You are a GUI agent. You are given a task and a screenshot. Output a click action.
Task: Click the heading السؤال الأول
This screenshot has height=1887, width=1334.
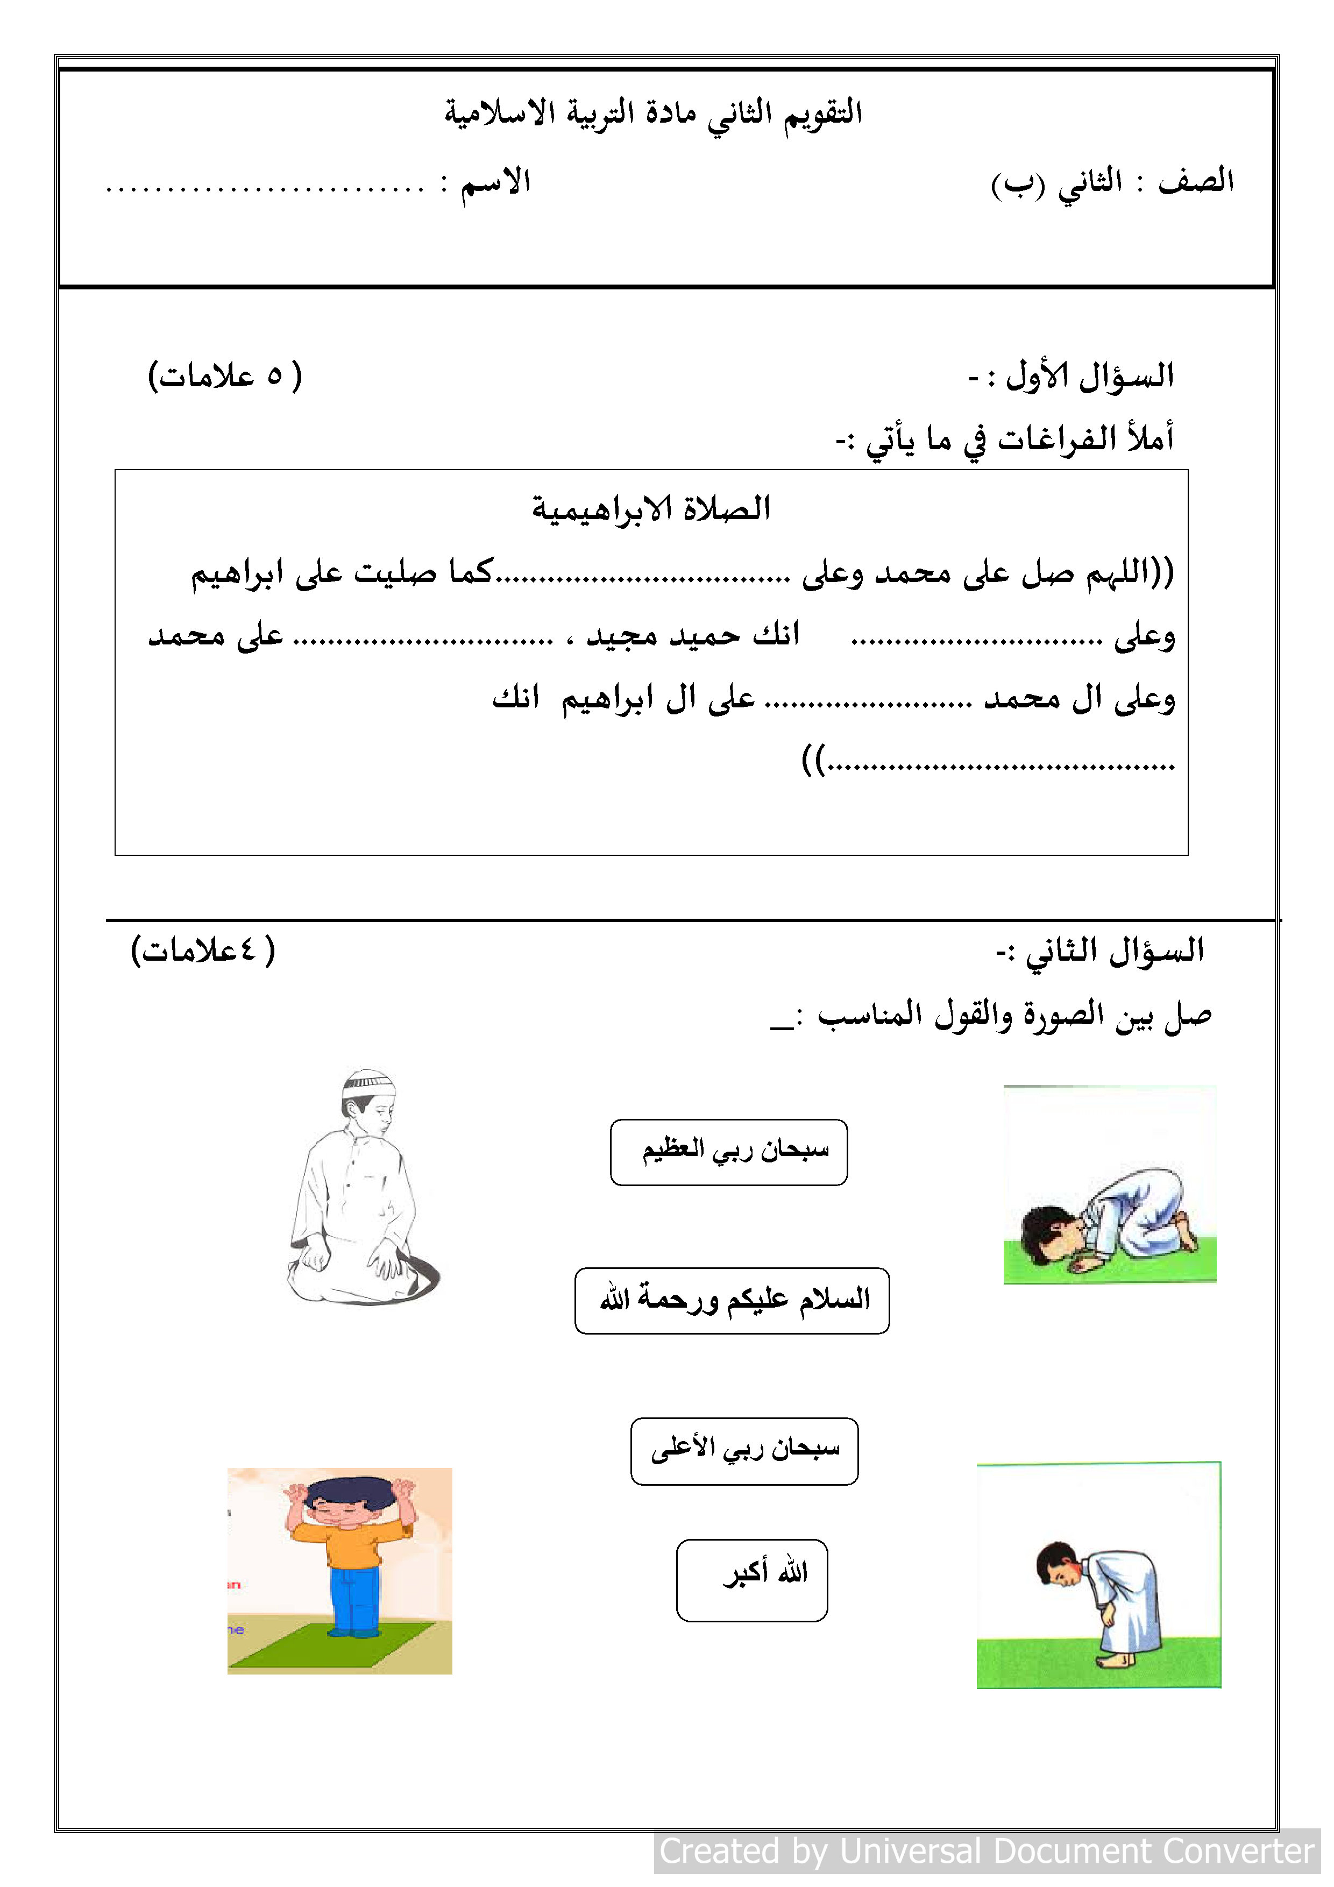pos(1072,377)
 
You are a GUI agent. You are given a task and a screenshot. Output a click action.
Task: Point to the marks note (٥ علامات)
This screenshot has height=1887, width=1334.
pos(225,377)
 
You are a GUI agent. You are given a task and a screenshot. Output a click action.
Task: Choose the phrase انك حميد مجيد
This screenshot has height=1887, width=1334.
pos(692,635)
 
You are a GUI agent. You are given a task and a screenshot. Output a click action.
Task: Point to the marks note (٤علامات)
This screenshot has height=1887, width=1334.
pos(203,951)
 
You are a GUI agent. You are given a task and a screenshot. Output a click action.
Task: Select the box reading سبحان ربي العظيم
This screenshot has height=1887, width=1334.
pos(728,1152)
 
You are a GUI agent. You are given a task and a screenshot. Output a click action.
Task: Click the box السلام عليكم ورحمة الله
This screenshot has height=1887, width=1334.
pos(732,1301)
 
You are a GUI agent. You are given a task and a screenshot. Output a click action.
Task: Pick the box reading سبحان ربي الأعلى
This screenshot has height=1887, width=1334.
pos(744,1451)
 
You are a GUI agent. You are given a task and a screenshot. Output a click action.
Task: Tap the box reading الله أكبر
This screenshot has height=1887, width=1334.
pos(751,1580)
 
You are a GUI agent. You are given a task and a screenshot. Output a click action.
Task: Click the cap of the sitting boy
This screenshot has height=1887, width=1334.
pos(369,1081)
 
